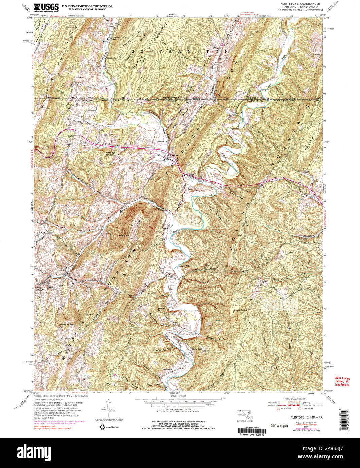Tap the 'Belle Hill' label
(x=197, y=349)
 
